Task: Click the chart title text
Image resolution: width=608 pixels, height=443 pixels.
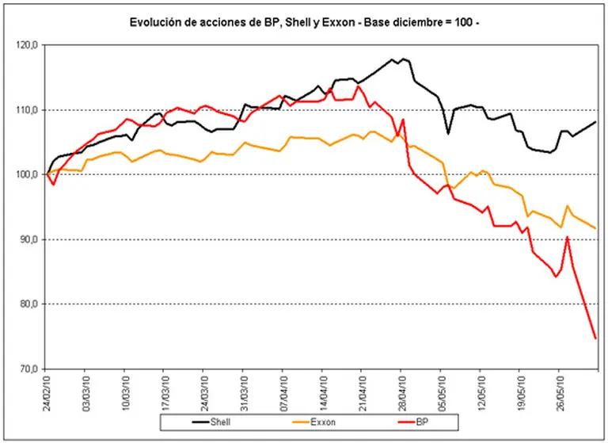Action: coord(305,23)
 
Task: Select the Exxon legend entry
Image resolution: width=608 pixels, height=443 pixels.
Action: coord(320,422)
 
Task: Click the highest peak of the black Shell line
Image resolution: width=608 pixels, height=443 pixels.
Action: coord(404,59)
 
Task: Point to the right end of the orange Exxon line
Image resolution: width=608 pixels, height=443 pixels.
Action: coord(595,228)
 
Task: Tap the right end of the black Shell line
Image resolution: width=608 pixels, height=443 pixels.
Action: coord(595,122)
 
